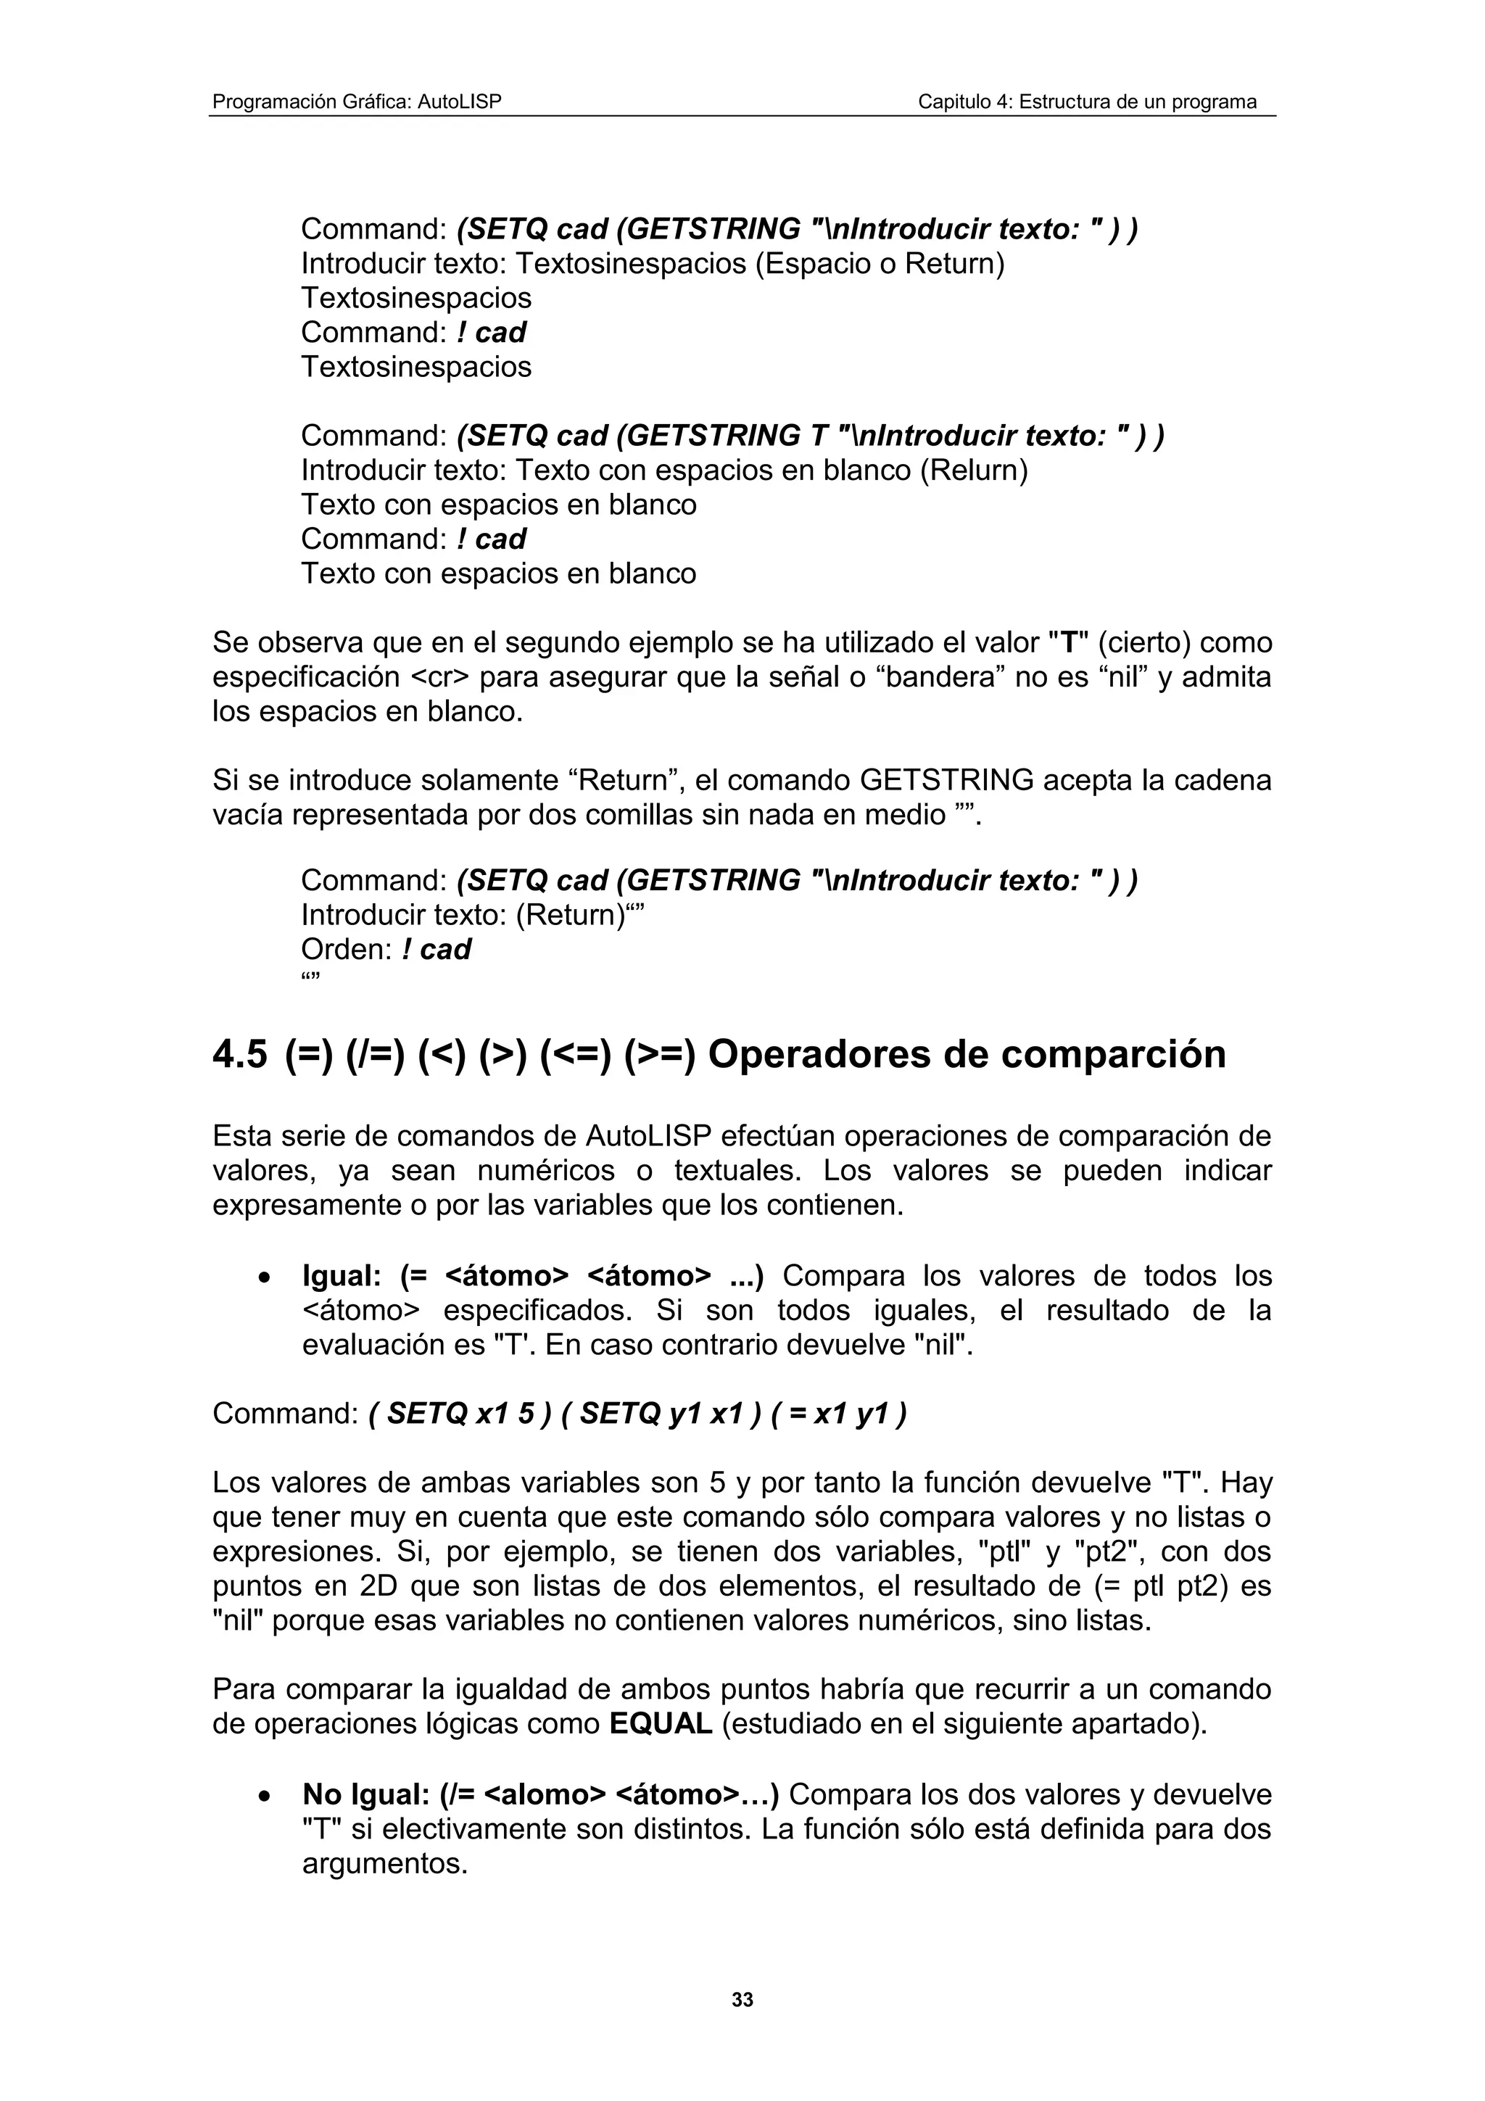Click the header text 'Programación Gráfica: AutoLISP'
click(357, 101)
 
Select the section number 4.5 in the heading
click(240, 1054)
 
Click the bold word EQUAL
click(660, 1724)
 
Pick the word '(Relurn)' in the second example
click(974, 471)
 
